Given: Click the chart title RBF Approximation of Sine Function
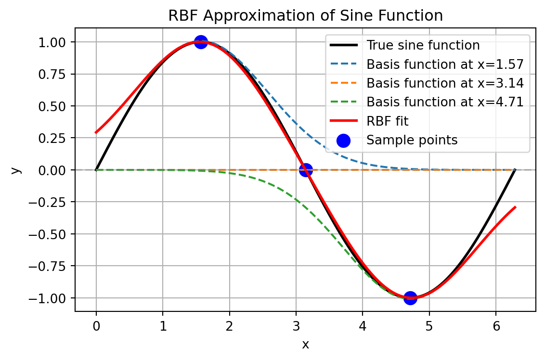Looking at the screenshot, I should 305,16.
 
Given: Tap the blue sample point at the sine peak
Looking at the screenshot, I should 201,42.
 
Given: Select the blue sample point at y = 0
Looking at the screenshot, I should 306,170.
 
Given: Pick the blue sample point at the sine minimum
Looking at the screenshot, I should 410,298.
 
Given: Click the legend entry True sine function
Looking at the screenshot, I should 423,45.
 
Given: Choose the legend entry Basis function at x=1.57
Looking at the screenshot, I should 445,64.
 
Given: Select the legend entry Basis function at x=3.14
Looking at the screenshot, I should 445,83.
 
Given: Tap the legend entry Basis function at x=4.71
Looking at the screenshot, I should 445,102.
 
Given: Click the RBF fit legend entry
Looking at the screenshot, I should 390,121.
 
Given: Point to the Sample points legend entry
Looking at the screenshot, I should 412,140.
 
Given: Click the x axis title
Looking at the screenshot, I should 305,344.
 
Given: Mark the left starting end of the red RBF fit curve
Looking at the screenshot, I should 96,132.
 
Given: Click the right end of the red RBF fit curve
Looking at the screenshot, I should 515,207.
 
